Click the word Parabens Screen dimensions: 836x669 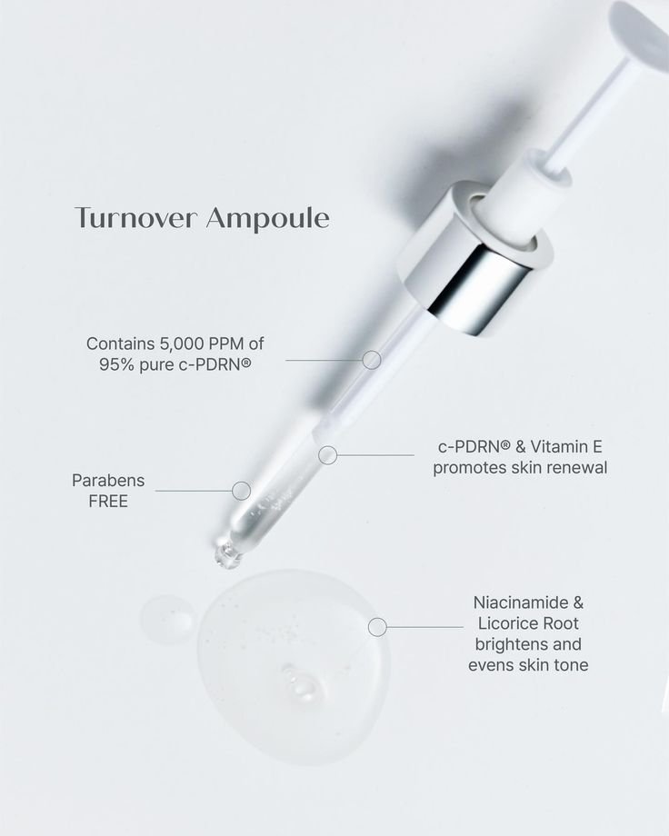108,480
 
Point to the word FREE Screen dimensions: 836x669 108,501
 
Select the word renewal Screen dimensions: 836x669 570,468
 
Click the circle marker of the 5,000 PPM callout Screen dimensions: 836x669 371,360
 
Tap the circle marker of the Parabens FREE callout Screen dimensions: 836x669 241,491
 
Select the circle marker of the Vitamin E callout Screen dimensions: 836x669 327,454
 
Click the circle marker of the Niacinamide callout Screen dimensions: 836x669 377,626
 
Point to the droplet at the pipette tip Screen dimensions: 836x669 223,553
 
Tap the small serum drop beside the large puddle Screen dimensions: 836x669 168,619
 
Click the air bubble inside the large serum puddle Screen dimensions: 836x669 297,682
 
